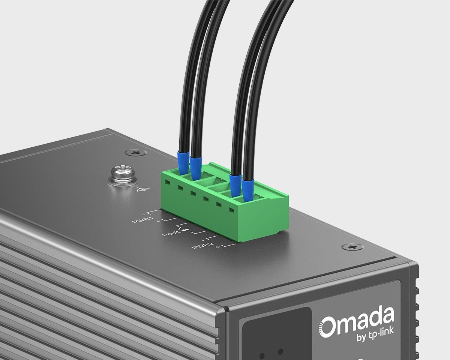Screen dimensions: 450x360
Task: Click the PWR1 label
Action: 143,220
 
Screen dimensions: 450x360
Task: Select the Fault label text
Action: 171,232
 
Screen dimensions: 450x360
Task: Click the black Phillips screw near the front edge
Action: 353,247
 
